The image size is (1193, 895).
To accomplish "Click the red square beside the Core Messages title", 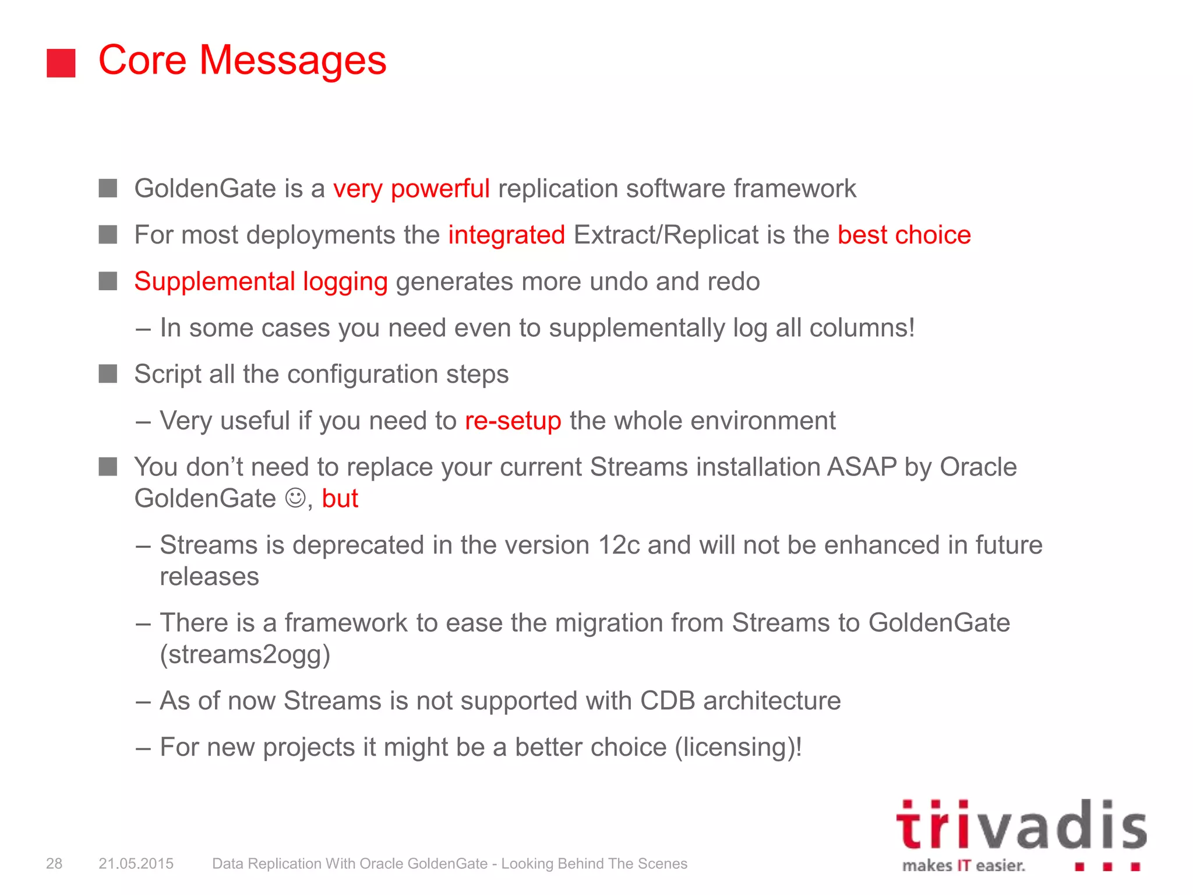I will tap(61, 63).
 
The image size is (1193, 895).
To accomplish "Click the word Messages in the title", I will tap(292, 61).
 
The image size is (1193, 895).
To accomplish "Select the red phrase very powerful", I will tap(411, 189).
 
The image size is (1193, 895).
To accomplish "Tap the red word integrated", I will tap(506, 235).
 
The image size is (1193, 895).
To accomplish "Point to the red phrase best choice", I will tap(903, 235).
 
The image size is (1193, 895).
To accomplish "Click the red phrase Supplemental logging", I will tap(260, 282).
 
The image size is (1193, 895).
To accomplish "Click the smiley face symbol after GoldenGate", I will tap(295, 498).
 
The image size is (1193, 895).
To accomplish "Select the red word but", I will tap(340, 499).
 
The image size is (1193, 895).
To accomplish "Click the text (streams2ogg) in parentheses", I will tap(245, 654).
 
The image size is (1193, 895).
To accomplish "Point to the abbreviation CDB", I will tap(667, 701).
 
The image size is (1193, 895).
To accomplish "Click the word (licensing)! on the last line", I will tap(738, 748).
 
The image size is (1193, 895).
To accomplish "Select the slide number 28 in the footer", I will tap(54, 864).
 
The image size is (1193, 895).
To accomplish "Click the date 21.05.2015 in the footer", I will tap(136, 864).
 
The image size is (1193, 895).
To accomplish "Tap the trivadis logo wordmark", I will tap(1021, 826).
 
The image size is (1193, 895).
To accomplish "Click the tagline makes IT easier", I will tap(963, 866).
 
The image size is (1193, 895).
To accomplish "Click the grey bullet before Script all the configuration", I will tap(108, 374).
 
